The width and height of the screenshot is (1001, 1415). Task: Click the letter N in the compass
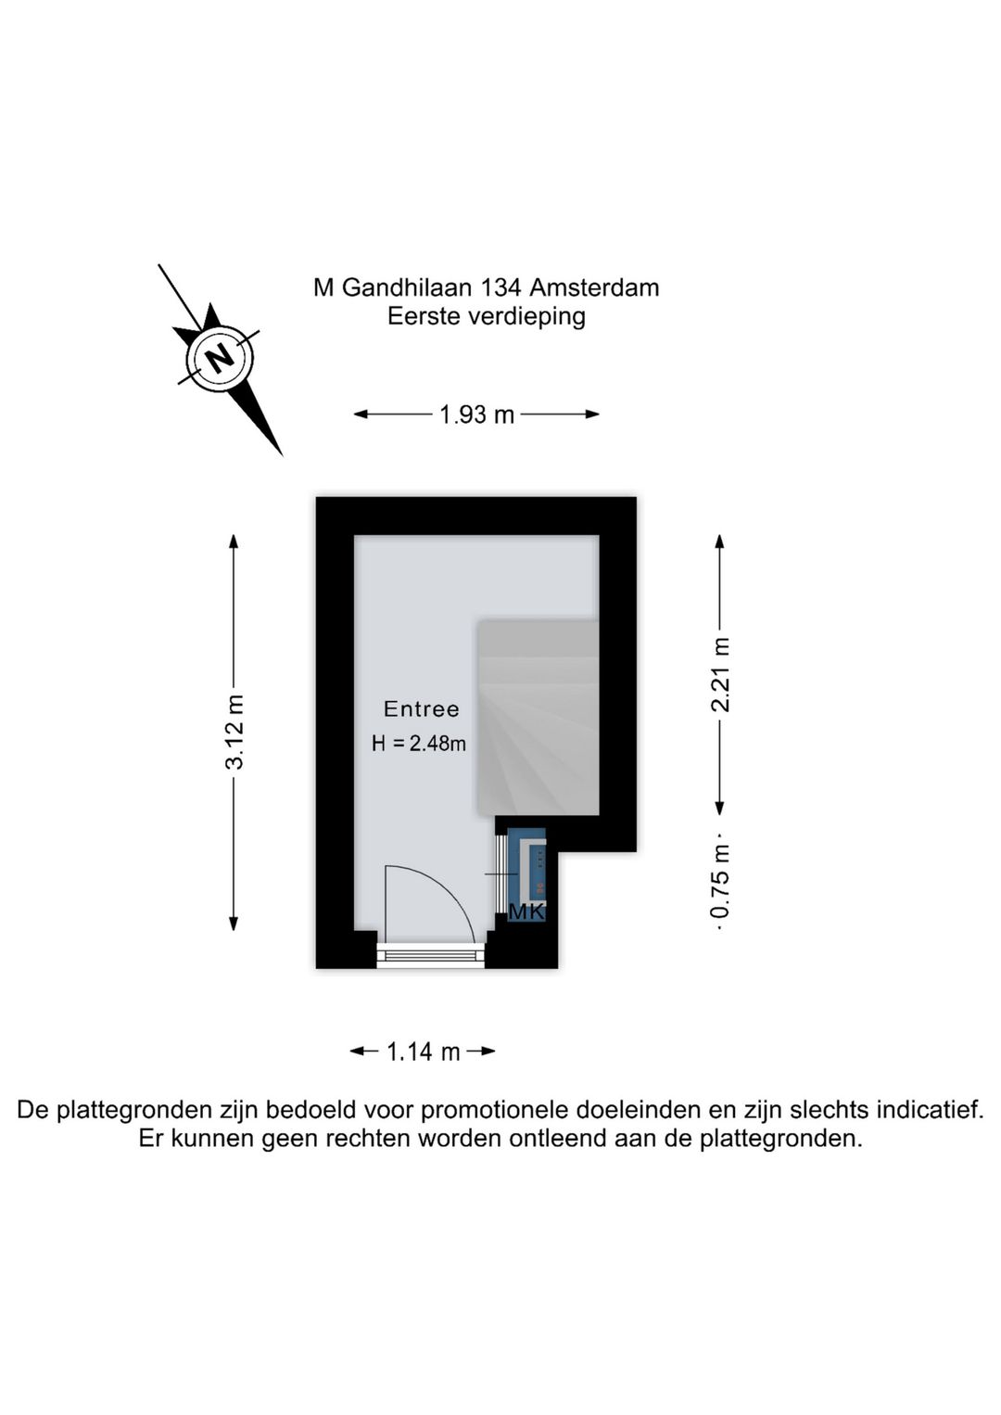coord(220,360)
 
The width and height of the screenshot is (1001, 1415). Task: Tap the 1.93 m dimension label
coord(476,415)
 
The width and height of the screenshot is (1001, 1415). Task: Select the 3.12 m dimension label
coord(234,732)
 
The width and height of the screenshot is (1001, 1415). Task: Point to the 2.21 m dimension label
coord(720,675)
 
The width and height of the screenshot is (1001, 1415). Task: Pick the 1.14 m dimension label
coord(423,1052)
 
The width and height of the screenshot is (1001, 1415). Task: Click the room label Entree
coord(421,709)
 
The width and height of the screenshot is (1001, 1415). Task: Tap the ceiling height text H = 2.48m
coord(419,744)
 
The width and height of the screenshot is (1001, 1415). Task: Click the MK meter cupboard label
coord(526,912)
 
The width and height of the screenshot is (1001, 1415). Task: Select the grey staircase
coord(538,717)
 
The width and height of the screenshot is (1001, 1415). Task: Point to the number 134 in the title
coord(500,288)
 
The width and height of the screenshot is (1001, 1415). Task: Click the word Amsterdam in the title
coord(594,288)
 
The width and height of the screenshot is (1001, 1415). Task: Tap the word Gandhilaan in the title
coord(407,288)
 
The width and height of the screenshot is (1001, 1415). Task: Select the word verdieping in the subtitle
coord(526,316)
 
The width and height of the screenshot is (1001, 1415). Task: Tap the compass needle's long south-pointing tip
coord(283,455)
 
